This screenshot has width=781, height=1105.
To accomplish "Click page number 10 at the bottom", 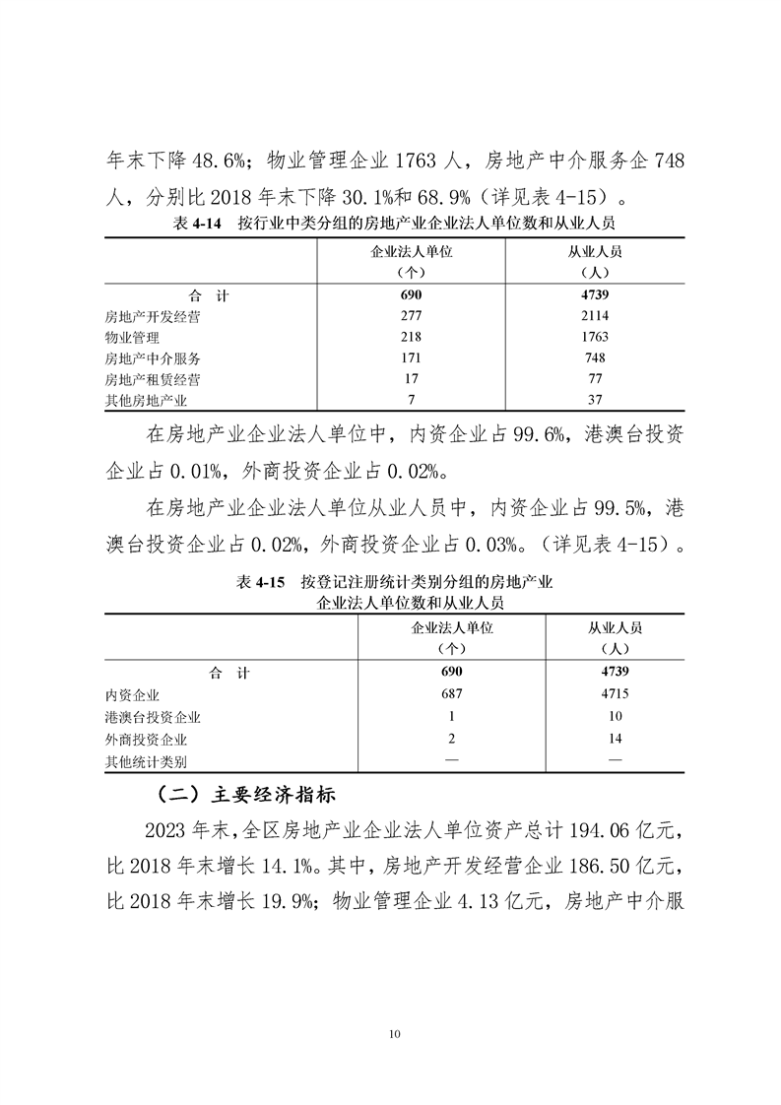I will click(394, 1033).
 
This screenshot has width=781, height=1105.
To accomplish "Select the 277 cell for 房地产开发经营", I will click(411, 315).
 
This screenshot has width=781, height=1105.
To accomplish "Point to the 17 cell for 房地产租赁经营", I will click(411, 379).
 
